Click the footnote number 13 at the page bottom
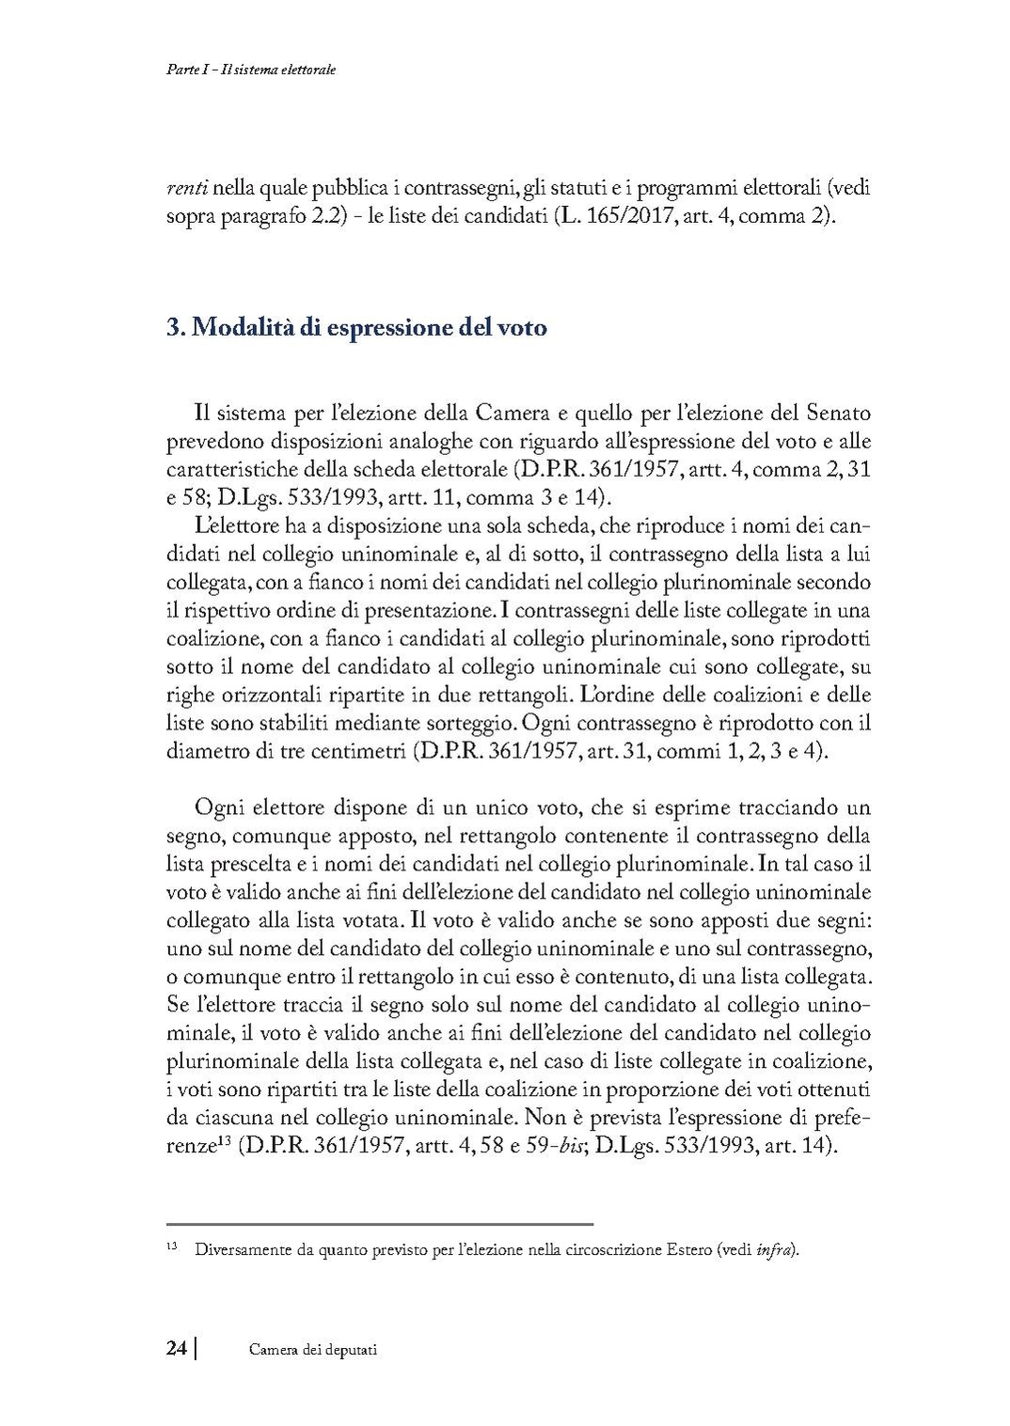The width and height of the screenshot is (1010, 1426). [x=172, y=1247]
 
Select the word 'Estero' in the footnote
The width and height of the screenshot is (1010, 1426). [x=684, y=1250]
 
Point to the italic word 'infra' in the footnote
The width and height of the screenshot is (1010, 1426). [x=777, y=1250]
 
